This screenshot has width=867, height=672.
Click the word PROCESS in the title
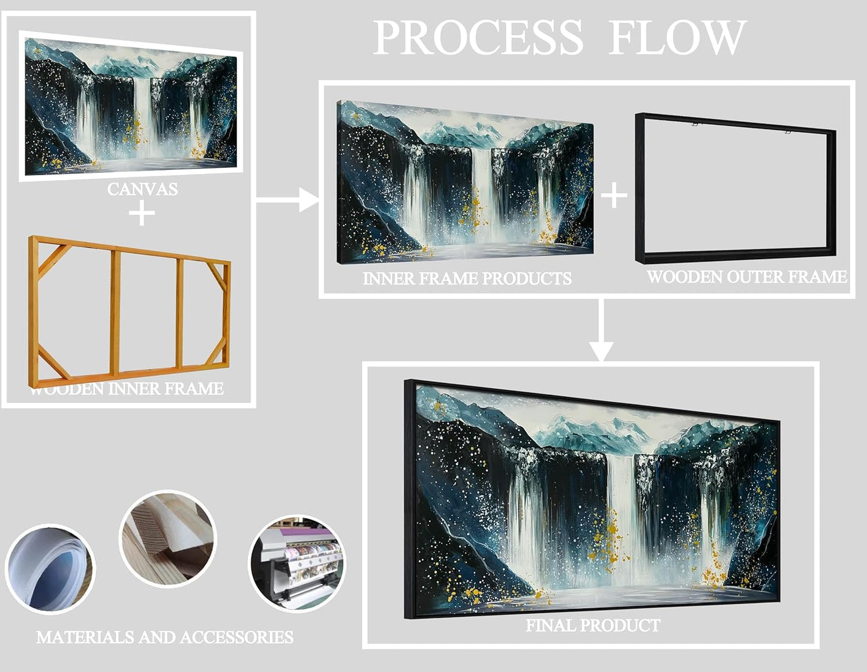coord(478,38)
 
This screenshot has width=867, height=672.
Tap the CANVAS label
coord(142,189)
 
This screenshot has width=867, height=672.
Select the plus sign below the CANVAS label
coord(142,214)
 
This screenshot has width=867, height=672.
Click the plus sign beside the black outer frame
coord(614,196)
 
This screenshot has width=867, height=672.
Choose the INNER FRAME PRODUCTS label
coord(467,278)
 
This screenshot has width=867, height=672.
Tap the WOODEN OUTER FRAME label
coord(746,277)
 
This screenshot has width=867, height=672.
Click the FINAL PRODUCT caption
coord(593,625)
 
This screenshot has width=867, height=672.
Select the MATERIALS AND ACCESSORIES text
coord(164,637)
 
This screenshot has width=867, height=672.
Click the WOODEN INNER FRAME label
coord(127,389)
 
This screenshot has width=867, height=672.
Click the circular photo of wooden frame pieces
coord(168,538)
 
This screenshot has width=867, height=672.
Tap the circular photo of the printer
coord(297,563)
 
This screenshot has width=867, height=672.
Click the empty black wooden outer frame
coord(735,189)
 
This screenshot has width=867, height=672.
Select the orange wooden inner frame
coord(129,312)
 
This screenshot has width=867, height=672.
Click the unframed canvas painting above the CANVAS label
coord(131,107)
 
